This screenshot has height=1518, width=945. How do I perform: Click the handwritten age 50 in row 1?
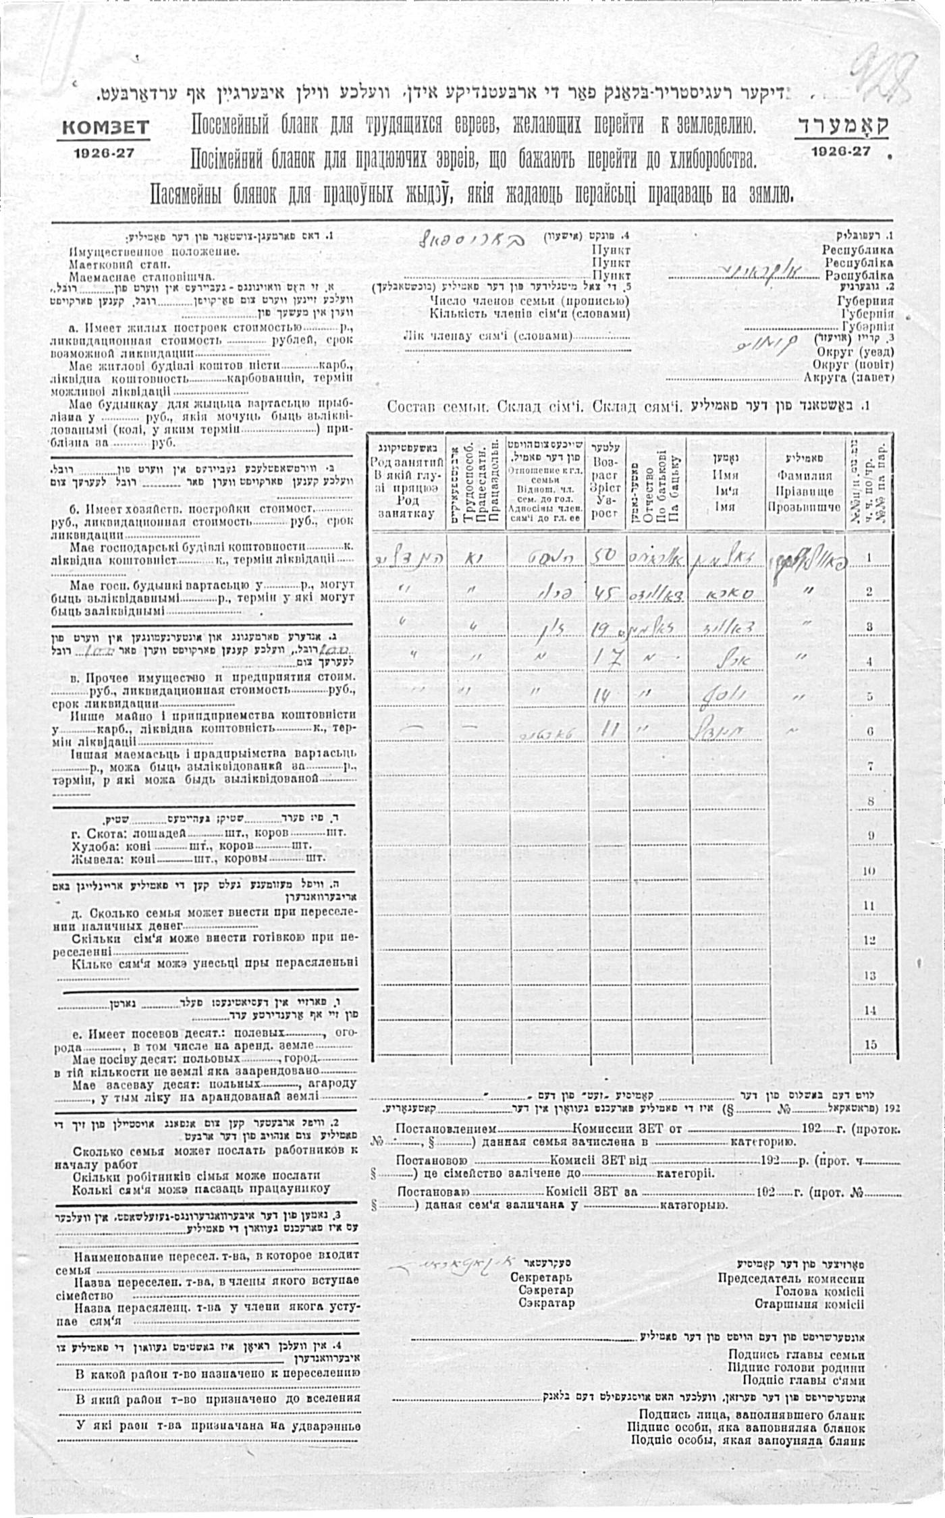tap(605, 555)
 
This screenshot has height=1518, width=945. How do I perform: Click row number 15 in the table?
tap(870, 1045)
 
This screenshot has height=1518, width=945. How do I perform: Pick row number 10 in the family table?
tap(870, 871)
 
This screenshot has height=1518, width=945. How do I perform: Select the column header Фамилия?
tap(804, 475)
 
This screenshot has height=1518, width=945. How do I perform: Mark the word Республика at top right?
tap(857, 250)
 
